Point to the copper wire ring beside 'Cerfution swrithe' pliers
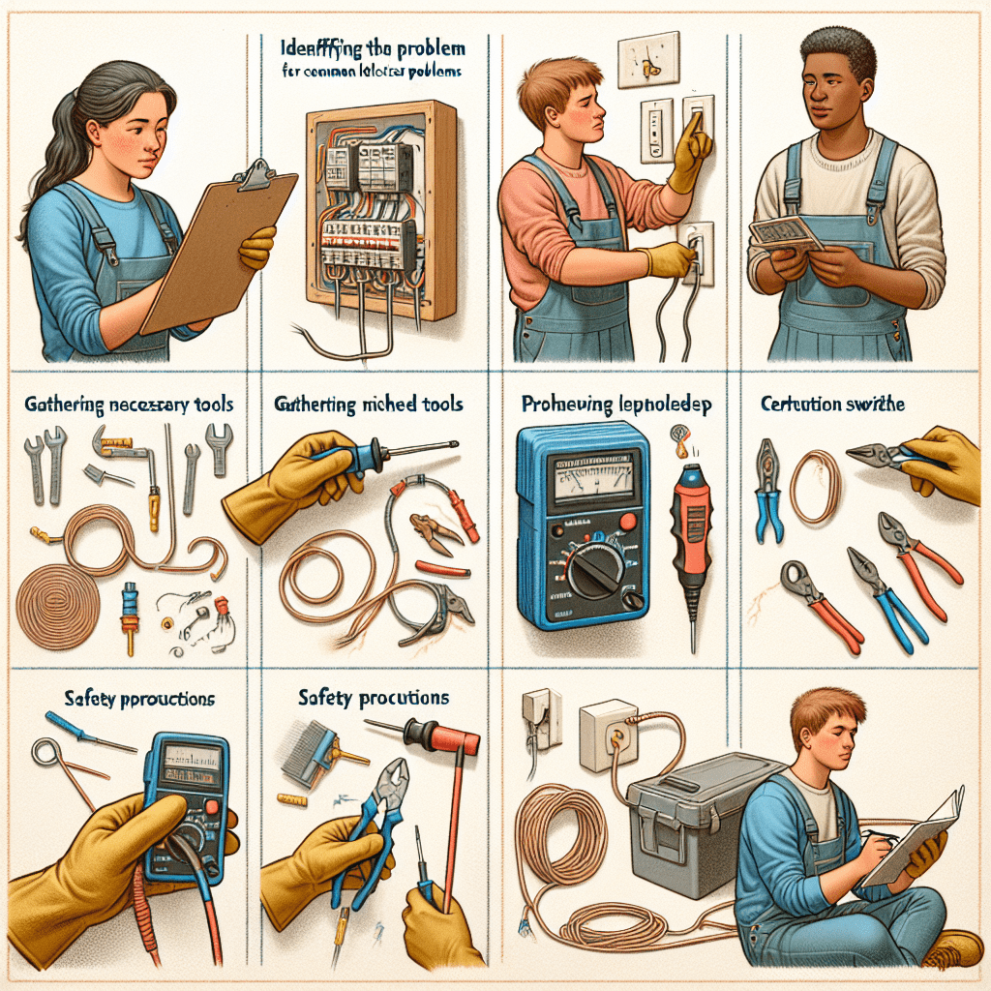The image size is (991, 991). [x=815, y=484]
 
